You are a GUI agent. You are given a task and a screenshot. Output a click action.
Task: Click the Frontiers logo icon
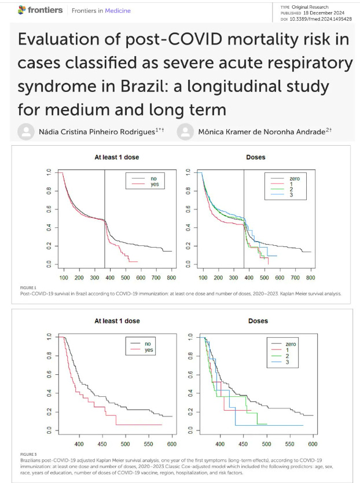(23, 10)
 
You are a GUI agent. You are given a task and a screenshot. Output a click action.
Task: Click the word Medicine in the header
(117, 10)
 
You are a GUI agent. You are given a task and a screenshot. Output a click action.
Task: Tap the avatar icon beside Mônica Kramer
(186, 131)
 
